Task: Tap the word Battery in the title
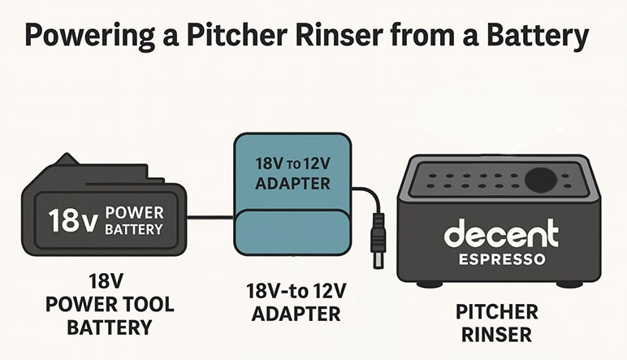point(541,39)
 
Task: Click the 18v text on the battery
point(73,221)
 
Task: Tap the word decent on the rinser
point(501,234)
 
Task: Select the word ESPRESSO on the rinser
point(501,261)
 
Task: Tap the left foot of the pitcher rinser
point(425,284)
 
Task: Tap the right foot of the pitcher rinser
point(570,284)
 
